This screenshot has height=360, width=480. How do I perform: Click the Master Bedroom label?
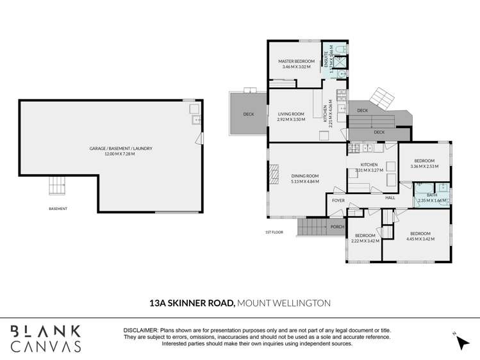(x=294, y=61)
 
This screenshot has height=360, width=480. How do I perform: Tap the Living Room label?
(x=290, y=114)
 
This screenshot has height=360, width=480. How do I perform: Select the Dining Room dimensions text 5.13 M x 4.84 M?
(x=304, y=181)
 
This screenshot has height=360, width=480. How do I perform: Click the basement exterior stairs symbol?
(x=58, y=186)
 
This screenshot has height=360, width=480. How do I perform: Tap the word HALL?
(x=390, y=198)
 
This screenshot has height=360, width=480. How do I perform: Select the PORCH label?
(x=337, y=226)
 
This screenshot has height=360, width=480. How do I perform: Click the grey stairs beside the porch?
(x=313, y=226)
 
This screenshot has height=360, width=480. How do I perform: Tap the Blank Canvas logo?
(x=46, y=338)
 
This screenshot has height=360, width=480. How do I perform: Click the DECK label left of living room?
(x=249, y=114)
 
